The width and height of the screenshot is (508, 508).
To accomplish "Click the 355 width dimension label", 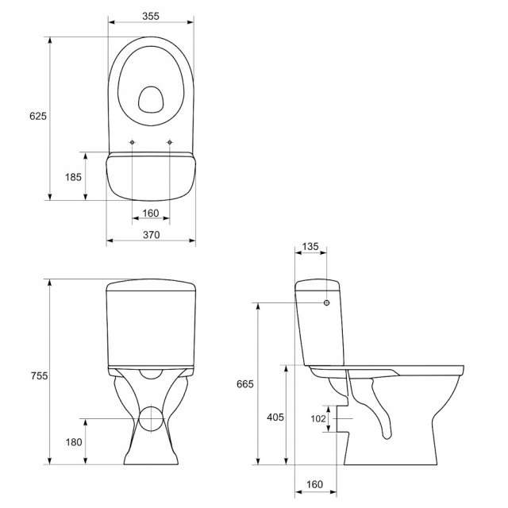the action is click(x=151, y=16).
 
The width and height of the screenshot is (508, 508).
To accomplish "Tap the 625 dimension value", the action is click(x=38, y=116).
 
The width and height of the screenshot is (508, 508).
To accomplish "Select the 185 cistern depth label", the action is click(x=73, y=177).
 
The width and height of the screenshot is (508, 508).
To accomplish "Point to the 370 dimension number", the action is click(x=152, y=235).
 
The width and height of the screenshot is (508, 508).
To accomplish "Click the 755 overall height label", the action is click(x=39, y=375).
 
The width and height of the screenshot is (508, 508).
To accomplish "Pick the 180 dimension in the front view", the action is click(x=74, y=442).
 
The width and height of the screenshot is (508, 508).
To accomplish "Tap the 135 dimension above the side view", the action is click(x=310, y=247).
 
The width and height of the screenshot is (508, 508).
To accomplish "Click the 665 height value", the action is click(x=245, y=384).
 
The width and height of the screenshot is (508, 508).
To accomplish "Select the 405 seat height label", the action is click(x=275, y=418).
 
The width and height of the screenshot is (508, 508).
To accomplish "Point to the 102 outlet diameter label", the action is click(x=318, y=419).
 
